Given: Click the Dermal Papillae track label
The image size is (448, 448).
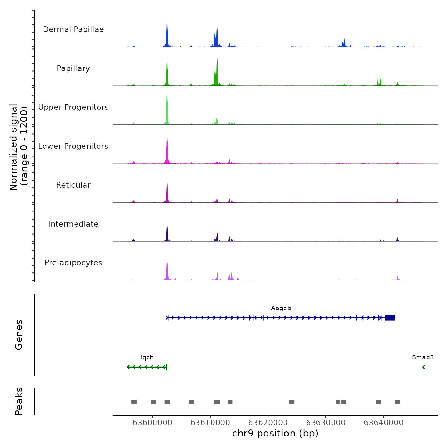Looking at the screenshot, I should (x=73, y=29).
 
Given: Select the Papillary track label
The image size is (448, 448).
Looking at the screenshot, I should (x=73, y=68).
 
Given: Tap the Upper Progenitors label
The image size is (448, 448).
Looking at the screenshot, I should (x=73, y=107).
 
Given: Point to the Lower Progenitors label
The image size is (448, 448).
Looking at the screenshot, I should (x=73, y=146).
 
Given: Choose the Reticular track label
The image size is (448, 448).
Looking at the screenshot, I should (x=73, y=185).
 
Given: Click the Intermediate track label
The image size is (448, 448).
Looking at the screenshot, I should (x=73, y=224).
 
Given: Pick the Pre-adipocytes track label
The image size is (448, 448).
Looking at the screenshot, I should (x=73, y=263).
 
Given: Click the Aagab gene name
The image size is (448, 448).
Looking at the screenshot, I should (x=281, y=308).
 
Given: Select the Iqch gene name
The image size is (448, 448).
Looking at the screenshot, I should (x=147, y=357).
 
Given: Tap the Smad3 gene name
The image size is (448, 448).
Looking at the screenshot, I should (x=423, y=357).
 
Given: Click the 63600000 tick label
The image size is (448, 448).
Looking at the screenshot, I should (x=152, y=423).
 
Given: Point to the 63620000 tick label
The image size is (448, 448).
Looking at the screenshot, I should (x=268, y=423).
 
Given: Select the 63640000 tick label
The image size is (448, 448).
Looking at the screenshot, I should (x=384, y=423).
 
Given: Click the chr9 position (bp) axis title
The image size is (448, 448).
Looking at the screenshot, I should (x=275, y=433).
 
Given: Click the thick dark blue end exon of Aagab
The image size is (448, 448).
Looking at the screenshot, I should (x=389, y=317).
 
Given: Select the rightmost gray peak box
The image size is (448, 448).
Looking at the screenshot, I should (x=397, y=402).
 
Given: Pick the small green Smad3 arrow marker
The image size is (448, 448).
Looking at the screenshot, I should (x=423, y=367).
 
